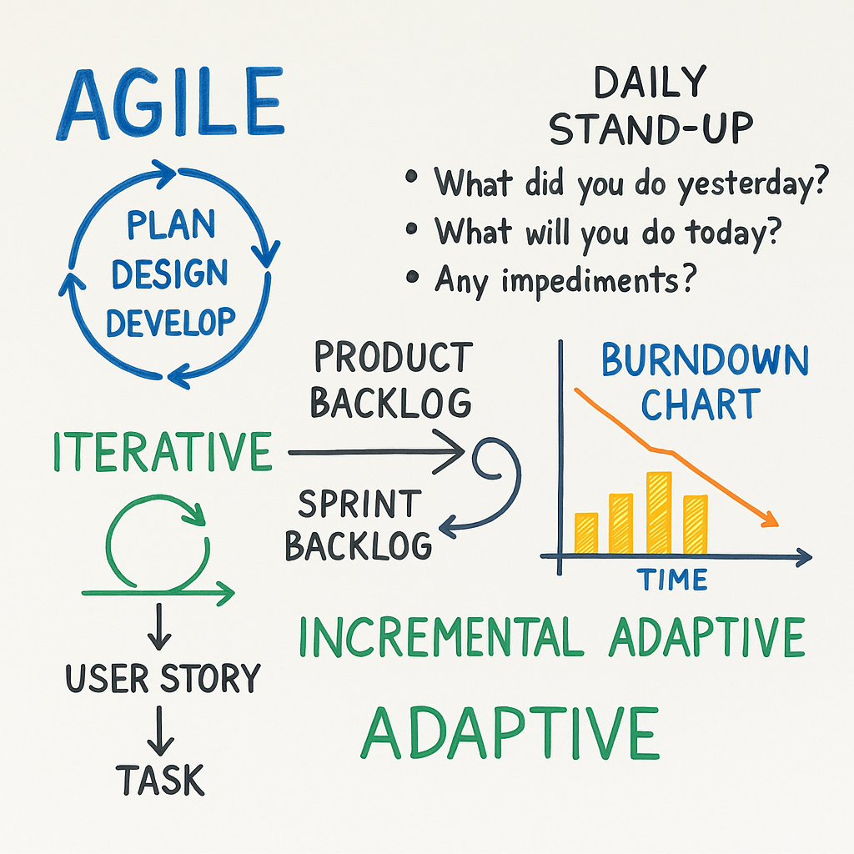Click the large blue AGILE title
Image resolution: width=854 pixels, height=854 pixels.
(x=170, y=103)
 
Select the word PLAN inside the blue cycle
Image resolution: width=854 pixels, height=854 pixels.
(x=171, y=224)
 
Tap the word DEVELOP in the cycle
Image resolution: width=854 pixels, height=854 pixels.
(x=170, y=323)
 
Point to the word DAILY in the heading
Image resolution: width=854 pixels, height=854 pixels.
(x=651, y=83)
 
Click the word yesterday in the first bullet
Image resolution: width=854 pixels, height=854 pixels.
(x=753, y=183)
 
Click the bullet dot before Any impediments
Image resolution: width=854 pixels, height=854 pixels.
(x=412, y=277)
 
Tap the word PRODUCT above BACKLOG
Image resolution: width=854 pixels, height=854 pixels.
(x=394, y=357)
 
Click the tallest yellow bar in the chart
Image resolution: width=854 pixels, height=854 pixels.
(x=659, y=513)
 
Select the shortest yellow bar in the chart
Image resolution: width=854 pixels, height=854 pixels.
(x=586, y=533)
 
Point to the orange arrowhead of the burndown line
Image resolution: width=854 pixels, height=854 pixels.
(x=770, y=520)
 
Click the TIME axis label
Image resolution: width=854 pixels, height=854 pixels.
(x=672, y=580)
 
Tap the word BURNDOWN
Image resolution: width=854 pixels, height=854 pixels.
(x=705, y=360)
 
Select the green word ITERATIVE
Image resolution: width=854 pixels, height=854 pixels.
(x=163, y=451)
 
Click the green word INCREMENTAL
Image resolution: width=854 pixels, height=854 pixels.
(x=442, y=636)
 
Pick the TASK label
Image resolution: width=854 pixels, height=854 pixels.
(x=160, y=780)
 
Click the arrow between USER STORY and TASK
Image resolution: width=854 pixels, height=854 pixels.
(x=159, y=731)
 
